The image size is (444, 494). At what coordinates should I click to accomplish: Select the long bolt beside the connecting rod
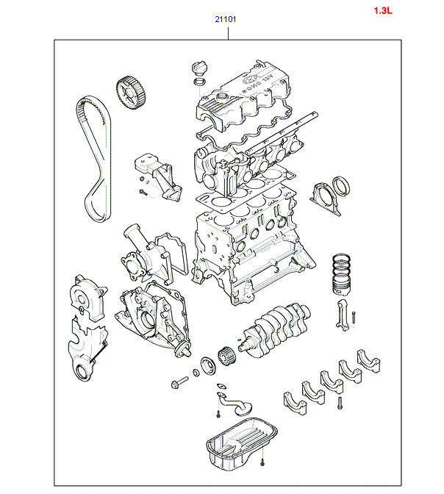coord(355,318)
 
